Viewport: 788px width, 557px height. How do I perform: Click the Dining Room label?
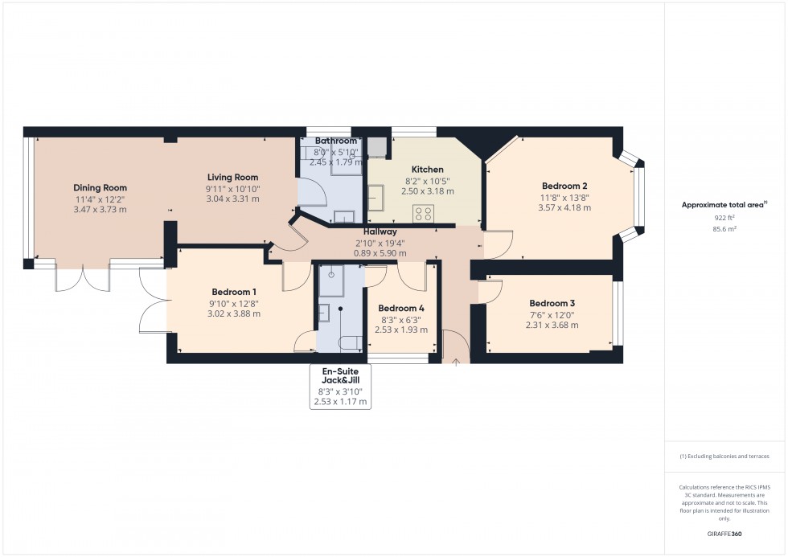pos(101,188)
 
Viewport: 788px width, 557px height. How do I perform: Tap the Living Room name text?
pos(232,178)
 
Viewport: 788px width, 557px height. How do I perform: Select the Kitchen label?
pos(427,170)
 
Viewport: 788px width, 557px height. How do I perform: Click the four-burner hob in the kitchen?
pos(424,213)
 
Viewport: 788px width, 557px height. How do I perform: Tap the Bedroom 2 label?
pos(564,186)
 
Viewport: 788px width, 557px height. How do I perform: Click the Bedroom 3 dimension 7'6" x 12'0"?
pos(552,314)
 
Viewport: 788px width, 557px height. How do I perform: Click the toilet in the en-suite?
pos(350,343)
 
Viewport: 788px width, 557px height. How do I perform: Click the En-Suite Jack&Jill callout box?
pos(340,387)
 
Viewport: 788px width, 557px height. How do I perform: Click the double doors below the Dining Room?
pos(82,277)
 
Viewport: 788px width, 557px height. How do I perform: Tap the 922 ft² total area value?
pos(725,218)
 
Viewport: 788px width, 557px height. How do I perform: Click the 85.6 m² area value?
pos(725,228)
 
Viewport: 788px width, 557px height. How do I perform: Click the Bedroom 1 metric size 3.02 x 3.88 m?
pos(234,314)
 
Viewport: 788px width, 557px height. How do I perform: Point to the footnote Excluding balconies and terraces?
pos(724,456)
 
